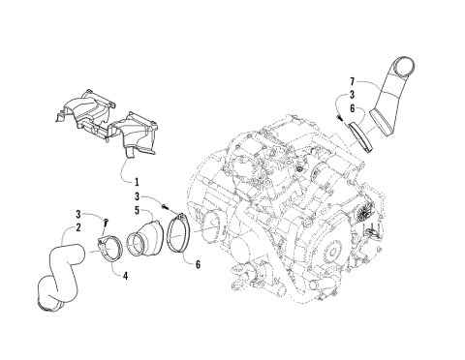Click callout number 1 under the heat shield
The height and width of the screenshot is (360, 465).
(x=137, y=182)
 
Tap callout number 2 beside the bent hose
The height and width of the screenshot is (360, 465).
(x=69, y=228)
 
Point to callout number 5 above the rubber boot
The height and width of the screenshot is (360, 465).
(x=138, y=210)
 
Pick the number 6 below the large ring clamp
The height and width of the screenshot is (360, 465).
(x=200, y=265)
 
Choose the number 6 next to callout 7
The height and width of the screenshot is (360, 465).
(x=353, y=109)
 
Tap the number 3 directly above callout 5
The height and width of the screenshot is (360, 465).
(x=138, y=196)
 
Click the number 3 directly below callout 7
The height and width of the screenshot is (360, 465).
(x=353, y=95)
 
